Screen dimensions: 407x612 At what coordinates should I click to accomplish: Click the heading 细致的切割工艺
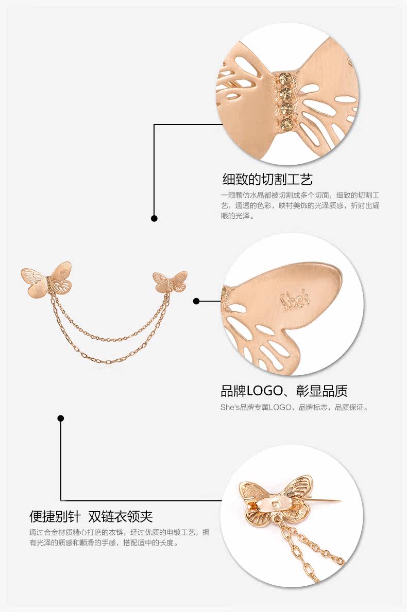click(267, 179)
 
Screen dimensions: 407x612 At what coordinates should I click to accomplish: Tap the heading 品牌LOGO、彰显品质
click(284, 391)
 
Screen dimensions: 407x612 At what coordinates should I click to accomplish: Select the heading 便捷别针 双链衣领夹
click(91, 516)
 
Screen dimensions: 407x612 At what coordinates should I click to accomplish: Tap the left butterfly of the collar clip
click(46, 278)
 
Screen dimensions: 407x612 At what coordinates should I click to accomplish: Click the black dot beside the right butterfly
click(196, 301)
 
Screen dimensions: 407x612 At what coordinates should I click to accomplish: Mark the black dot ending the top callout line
click(154, 218)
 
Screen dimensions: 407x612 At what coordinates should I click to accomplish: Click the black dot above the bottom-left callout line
click(61, 418)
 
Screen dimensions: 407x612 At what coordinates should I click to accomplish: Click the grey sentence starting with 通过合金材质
click(119, 537)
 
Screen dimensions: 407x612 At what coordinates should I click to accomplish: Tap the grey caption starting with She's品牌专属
click(294, 408)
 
